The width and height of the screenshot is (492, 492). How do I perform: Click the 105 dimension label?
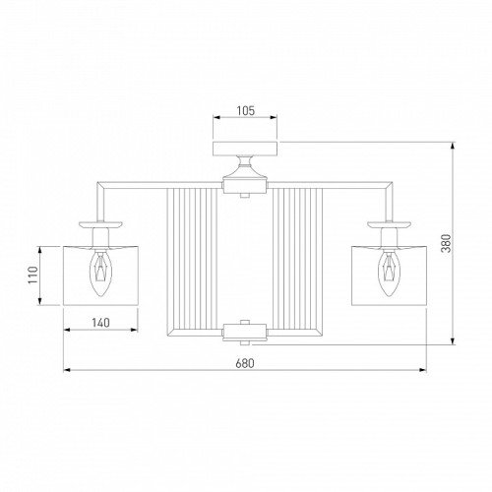click(x=245, y=111)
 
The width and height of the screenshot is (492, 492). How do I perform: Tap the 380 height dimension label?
click(x=446, y=243)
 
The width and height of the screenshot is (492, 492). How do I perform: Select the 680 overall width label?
click(x=245, y=363)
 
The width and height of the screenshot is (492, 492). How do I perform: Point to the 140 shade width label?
click(x=100, y=323)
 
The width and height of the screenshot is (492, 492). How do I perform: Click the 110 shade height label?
click(x=33, y=276)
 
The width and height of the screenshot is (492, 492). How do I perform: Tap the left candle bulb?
click(x=100, y=274)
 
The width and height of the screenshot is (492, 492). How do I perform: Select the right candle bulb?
click(x=389, y=274)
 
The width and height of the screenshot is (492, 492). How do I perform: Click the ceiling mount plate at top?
click(x=245, y=149)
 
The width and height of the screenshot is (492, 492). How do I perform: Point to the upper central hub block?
click(x=245, y=186)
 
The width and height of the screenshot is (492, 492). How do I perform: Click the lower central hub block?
click(x=245, y=333)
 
